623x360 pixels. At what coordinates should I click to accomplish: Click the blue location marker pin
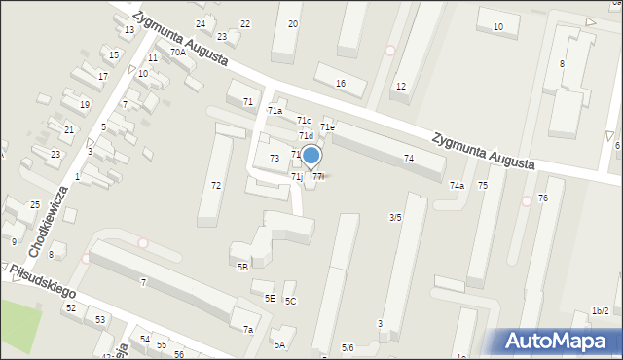pyautogui.click(x=311, y=156)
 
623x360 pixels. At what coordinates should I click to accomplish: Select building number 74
pyautogui.click(x=409, y=158)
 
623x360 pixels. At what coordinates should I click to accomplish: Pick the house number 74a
pyautogui.click(x=457, y=185)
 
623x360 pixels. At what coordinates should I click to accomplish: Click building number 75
pyautogui.click(x=483, y=184)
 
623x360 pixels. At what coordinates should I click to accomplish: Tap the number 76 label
pyautogui.click(x=543, y=198)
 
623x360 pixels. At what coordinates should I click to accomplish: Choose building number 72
pyautogui.click(x=216, y=185)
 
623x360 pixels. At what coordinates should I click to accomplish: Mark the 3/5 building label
pyautogui.click(x=395, y=217)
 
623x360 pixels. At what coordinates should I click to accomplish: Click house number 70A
pyautogui.click(x=177, y=53)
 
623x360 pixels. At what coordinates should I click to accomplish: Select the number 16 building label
pyautogui.click(x=340, y=83)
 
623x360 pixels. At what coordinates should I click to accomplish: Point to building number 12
pyautogui.click(x=400, y=87)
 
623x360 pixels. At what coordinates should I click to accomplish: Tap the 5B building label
pyautogui.click(x=242, y=266)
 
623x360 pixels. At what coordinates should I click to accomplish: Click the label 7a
pyautogui.click(x=248, y=330)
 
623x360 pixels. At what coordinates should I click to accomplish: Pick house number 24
pyautogui.click(x=201, y=23)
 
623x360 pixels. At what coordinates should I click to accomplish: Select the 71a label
pyautogui.click(x=275, y=111)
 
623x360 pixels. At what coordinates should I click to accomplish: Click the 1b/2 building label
pyautogui.click(x=600, y=310)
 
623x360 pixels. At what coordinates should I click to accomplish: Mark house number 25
pyautogui.click(x=35, y=204)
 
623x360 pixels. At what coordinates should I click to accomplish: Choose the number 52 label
pyautogui.click(x=70, y=307)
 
